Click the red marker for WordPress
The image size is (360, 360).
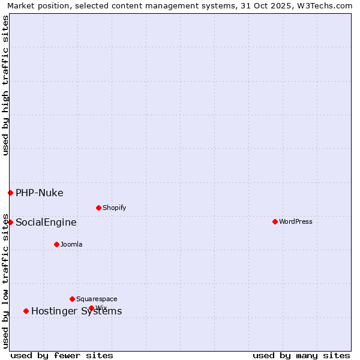[x=275, y=221]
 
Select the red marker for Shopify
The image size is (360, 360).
[x=98, y=208]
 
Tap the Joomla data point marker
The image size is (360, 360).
[x=56, y=244]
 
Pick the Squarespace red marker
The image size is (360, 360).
[x=72, y=299]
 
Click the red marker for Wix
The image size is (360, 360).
[x=91, y=308]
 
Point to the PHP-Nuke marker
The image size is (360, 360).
[x=10, y=193]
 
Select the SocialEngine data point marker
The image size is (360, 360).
[x=10, y=222]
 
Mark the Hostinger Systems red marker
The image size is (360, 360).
[x=26, y=311]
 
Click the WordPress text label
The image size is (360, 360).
[x=296, y=221]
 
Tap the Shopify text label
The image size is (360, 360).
[x=114, y=208]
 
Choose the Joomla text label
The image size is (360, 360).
[x=71, y=244]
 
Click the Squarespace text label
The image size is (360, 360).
[x=97, y=299]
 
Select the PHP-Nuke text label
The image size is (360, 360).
[x=40, y=193]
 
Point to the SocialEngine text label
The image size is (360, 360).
[x=46, y=222]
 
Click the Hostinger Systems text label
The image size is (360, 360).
[x=76, y=311]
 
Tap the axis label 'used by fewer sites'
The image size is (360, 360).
[x=62, y=355]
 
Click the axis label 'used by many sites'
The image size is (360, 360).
[x=301, y=355]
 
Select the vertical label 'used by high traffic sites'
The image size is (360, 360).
[x=5, y=86]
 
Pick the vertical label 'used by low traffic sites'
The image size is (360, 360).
[x=5, y=280]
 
